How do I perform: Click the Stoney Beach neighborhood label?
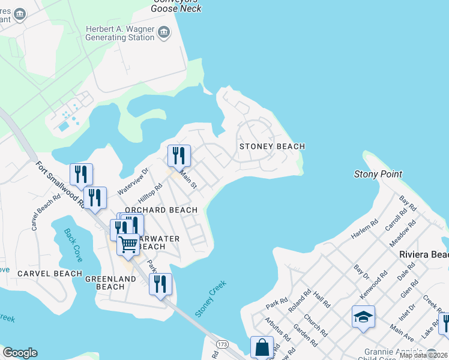point(272,146)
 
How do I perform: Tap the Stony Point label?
point(378,174)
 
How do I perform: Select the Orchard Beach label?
point(161,210)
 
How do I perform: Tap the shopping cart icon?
point(128,244)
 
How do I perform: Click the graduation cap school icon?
point(363,316)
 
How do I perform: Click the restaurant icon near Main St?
point(179,155)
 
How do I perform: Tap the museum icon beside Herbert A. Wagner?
point(164,32)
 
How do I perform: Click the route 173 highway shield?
point(223,344)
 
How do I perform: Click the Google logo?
point(20,353)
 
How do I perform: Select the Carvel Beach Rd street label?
point(46,212)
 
